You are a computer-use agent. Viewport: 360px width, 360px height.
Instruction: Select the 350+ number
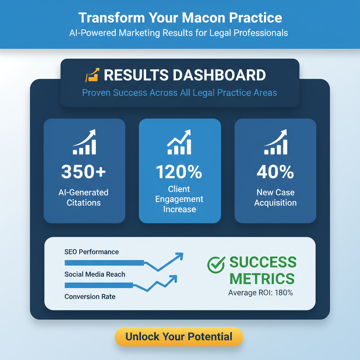(x=84, y=172)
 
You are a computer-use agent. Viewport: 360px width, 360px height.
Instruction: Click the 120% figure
(x=179, y=172)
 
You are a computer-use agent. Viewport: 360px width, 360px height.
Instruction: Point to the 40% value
(x=275, y=172)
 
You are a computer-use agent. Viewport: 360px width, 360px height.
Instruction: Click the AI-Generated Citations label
(x=84, y=198)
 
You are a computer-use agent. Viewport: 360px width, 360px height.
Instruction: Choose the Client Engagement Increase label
(x=180, y=199)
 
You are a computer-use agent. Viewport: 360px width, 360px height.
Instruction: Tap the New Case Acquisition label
(x=275, y=198)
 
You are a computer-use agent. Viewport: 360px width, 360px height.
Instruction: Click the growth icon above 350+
(x=84, y=142)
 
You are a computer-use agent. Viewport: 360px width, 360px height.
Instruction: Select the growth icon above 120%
(x=179, y=142)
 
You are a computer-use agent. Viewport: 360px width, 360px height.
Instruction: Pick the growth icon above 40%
(x=276, y=142)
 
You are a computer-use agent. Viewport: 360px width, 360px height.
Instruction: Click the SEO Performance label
(x=91, y=252)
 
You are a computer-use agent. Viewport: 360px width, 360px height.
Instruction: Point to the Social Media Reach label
(x=95, y=274)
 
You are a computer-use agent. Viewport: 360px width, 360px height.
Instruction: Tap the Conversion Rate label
(x=90, y=297)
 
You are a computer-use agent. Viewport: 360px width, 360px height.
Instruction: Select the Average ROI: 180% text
(x=261, y=292)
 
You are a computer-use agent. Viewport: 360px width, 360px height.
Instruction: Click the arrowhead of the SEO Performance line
(x=180, y=256)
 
